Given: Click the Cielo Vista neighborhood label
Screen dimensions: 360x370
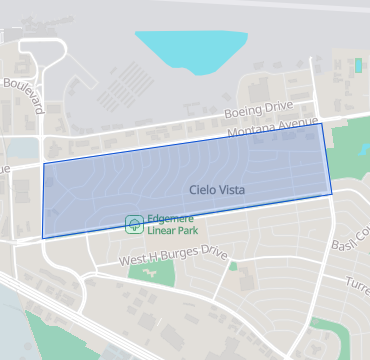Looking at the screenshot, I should pyautogui.click(x=217, y=189).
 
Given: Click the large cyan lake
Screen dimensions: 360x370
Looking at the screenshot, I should pyautogui.click(x=191, y=48).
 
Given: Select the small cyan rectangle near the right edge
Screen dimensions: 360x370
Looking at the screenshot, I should pyautogui.click(x=358, y=65).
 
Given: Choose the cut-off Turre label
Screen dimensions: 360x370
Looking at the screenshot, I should pyautogui.click(x=357, y=283).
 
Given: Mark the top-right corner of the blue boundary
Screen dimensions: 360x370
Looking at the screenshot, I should pyautogui.click(x=322, y=123).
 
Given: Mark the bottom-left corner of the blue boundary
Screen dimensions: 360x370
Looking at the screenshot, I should pyautogui.click(x=43, y=238).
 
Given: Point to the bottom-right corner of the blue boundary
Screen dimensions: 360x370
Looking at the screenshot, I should pyautogui.click(x=332, y=194).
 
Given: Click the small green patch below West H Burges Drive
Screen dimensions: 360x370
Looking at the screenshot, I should pyautogui.click(x=233, y=266).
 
